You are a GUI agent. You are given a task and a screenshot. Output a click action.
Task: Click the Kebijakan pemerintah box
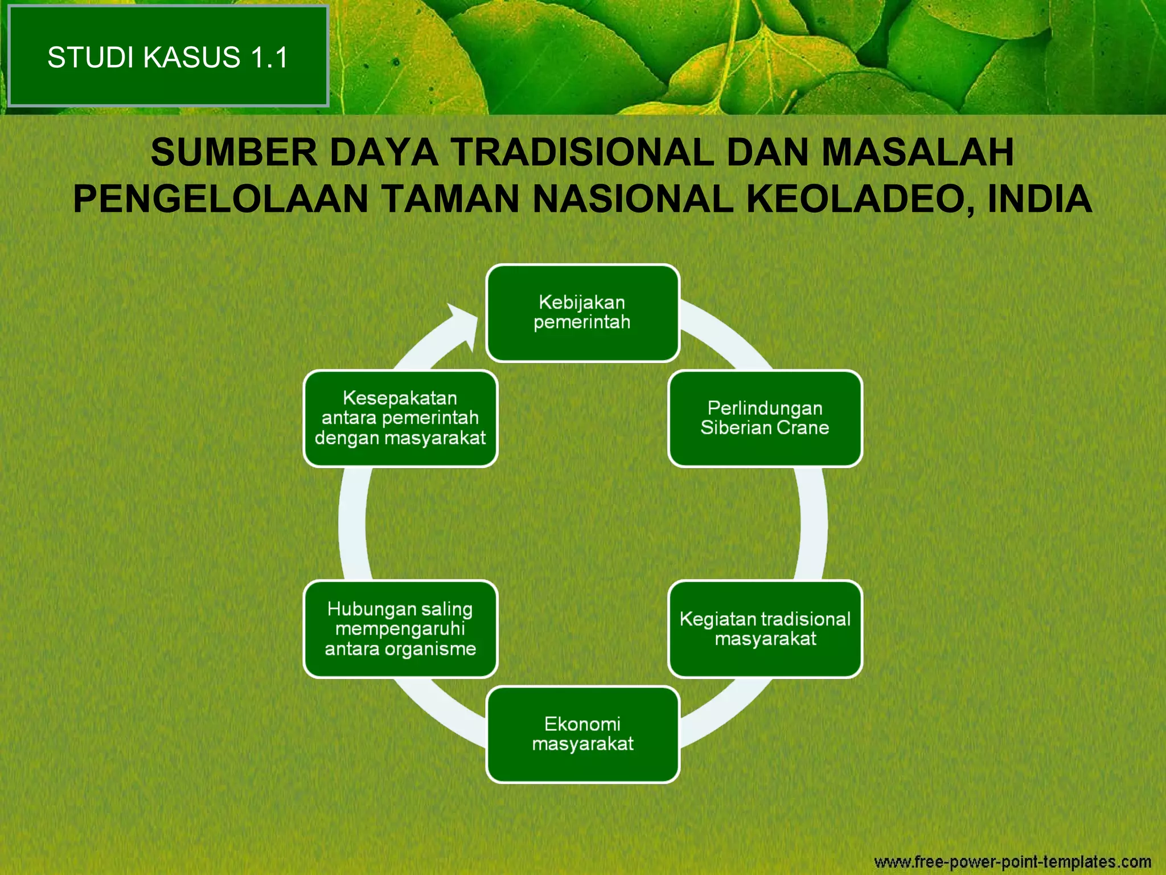tap(582, 313)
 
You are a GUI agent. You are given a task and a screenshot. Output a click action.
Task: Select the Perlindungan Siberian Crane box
tap(765, 418)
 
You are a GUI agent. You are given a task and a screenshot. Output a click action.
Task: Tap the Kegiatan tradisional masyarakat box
tap(765, 629)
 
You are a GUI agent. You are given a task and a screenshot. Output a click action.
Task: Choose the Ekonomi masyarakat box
tap(582, 734)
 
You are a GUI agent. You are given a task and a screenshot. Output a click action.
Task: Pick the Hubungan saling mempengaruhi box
tap(400, 629)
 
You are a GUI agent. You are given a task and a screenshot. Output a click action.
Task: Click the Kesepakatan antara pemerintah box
tap(400, 418)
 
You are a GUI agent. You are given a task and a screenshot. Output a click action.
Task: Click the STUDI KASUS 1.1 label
tap(168, 57)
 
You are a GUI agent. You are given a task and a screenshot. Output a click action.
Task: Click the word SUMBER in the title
tap(233, 153)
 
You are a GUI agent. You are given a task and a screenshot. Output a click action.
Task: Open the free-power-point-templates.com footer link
tap(1012, 861)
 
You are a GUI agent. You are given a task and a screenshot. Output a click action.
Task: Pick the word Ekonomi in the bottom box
tap(582, 724)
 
